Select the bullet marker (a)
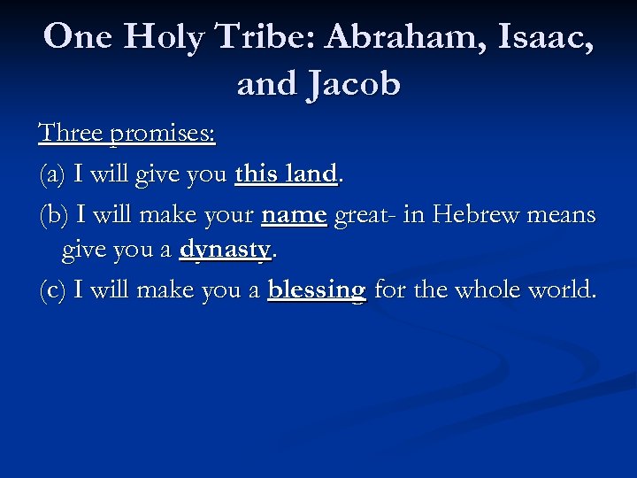53,174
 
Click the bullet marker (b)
54,215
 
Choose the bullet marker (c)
53,290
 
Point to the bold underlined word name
294,215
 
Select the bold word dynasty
225,251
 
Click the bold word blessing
316,290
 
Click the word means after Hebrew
564,215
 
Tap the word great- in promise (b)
362,215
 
